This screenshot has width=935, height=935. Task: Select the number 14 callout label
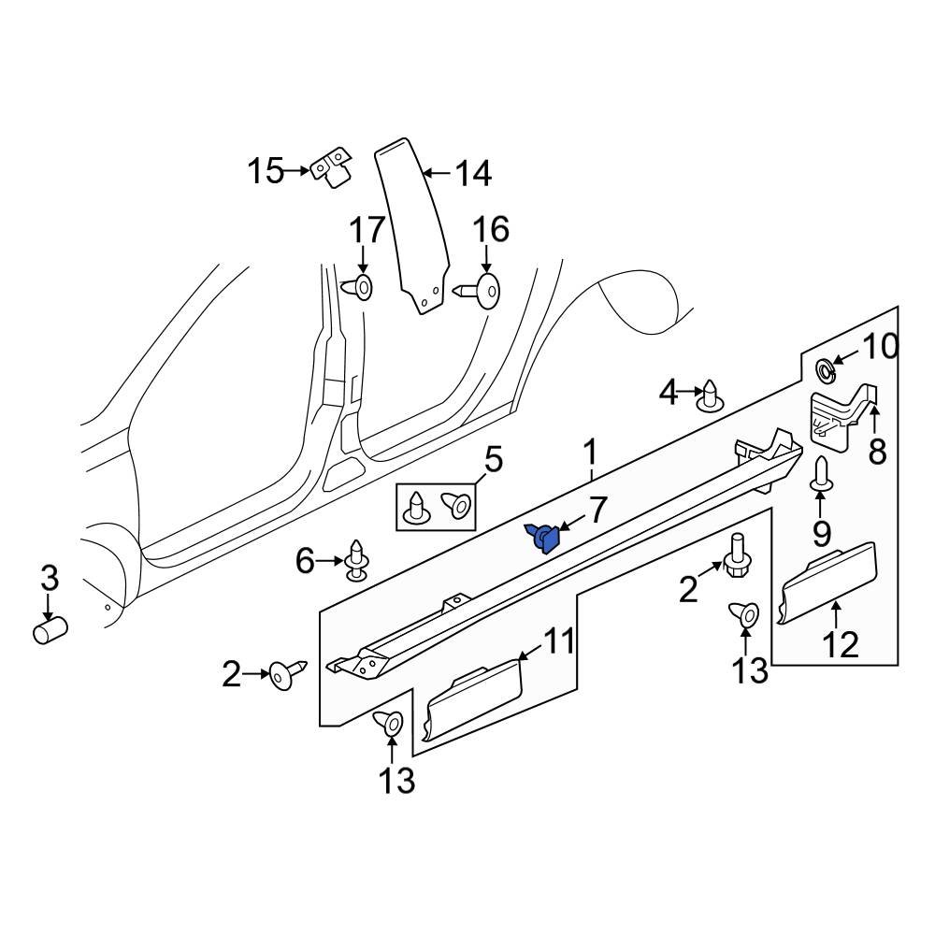click(x=472, y=173)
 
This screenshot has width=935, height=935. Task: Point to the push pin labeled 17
click(x=361, y=287)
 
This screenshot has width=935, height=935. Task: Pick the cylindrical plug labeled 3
click(x=49, y=631)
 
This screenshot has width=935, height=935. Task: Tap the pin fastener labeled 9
click(x=821, y=475)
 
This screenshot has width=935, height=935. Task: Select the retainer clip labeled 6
click(x=357, y=561)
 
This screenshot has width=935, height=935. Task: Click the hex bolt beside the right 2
click(x=735, y=556)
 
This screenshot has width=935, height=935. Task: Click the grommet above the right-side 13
click(x=743, y=613)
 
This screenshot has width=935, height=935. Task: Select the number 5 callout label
click(x=492, y=460)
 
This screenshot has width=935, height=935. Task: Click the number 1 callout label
click(x=590, y=453)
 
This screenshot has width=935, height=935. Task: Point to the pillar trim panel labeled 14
click(x=411, y=224)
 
